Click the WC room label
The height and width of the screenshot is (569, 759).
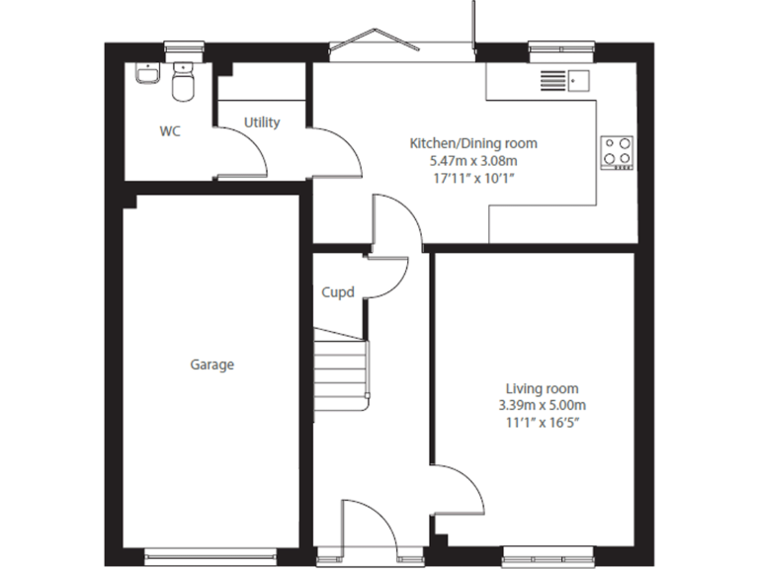[170, 131]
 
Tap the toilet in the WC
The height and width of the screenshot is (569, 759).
[182, 83]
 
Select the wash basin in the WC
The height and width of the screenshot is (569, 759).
[146, 75]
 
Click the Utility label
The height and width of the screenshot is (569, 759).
[262, 122]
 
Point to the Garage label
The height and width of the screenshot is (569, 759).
[212, 365]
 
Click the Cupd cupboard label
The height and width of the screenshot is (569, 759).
[338, 292]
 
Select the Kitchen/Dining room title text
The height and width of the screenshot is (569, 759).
[473, 143]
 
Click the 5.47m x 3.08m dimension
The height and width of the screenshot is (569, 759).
[473, 160]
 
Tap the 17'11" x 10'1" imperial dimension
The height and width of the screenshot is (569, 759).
[473, 177]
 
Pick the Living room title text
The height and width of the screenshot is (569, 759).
[542, 388]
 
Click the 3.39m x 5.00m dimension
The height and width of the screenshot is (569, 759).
[542, 405]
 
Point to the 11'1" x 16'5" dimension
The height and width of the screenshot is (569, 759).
[542, 422]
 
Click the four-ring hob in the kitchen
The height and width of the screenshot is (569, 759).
[617, 150]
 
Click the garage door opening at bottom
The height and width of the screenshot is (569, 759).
[212, 553]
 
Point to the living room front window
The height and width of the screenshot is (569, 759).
[548, 555]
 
